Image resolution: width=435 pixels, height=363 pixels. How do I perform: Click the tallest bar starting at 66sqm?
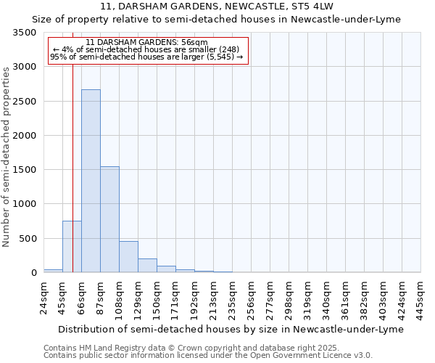tap(91, 181)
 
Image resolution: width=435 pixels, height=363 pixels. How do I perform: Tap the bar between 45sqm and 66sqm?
tap(72, 247)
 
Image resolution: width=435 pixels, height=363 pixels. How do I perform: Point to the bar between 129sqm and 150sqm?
tap(147, 265)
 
